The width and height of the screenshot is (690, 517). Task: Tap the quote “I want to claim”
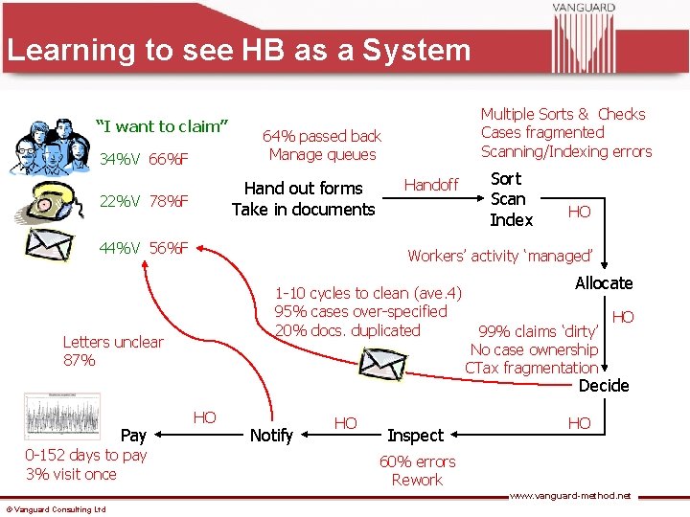pyautogui.click(x=162, y=125)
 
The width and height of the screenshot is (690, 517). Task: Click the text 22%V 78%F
pyautogui.click(x=144, y=201)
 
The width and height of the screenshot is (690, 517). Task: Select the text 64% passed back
pyautogui.click(x=322, y=136)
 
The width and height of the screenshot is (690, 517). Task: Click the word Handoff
pyautogui.click(x=431, y=185)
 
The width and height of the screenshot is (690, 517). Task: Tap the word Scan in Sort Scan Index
pyautogui.click(x=508, y=199)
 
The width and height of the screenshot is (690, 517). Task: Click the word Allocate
pyautogui.click(x=604, y=282)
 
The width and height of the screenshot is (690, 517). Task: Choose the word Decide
pyautogui.click(x=604, y=386)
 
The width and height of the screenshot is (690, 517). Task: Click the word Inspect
pyautogui.click(x=415, y=436)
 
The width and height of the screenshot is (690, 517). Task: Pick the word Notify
pyautogui.click(x=271, y=436)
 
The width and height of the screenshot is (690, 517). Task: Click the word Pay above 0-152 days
pyautogui.click(x=133, y=436)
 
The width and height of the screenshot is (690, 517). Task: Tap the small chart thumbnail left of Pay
pyautogui.click(x=62, y=417)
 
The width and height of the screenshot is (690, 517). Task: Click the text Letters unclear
pyautogui.click(x=113, y=342)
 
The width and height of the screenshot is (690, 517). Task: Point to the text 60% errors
pyautogui.click(x=417, y=461)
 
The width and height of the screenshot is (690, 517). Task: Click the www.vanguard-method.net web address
pyautogui.click(x=570, y=496)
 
